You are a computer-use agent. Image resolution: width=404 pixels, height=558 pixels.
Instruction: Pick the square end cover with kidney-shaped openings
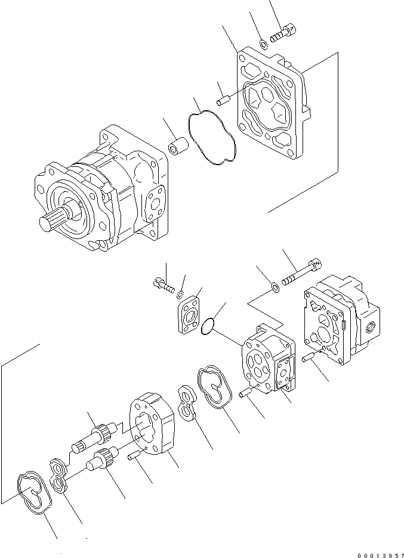click(x=272, y=107)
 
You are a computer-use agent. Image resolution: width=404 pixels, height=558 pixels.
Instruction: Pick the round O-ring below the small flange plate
click(x=207, y=325)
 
